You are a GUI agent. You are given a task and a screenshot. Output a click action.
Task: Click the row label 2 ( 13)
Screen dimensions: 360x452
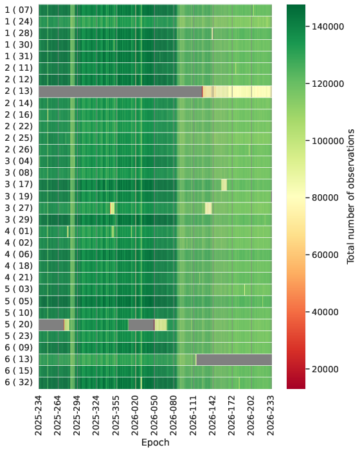pyautogui.click(x=19, y=91)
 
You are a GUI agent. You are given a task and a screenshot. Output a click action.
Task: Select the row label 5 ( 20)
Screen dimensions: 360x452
pyautogui.click(x=19, y=325)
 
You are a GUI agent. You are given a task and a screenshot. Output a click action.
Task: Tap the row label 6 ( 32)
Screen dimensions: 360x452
pyautogui.click(x=19, y=383)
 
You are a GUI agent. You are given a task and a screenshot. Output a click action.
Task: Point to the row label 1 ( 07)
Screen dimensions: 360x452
pyautogui.click(x=19, y=10)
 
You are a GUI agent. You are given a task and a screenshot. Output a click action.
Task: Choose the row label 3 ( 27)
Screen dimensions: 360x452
pyautogui.click(x=19, y=208)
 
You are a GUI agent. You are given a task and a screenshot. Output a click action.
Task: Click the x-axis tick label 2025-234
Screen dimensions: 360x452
pyautogui.click(x=39, y=415)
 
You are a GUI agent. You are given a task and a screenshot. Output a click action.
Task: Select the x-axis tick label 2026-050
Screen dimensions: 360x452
pyautogui.click(x=154, y=415)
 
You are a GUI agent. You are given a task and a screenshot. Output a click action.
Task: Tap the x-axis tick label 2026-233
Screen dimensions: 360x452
pyautogui.click(x=271, y=415)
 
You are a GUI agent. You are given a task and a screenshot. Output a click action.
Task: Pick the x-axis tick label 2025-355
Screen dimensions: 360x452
pyautogui.click(x=116, y=415)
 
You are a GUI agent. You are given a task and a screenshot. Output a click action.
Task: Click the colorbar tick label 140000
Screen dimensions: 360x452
pyautogui.click(x=328, y=27)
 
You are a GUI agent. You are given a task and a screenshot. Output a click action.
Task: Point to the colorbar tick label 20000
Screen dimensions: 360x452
pyautogui.click(x=325, y=369)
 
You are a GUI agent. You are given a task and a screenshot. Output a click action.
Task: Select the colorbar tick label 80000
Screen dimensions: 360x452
pyautogui.click(x=325, y=198)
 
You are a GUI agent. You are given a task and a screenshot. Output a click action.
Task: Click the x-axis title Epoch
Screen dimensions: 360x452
pyautogui.click(x=156, y=442)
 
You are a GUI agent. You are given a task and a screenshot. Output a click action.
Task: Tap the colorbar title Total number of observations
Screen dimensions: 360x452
pyautogui.click(x=350, y=196)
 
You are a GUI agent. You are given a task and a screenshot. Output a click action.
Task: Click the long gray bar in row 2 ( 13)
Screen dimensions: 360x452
pyautogui.click(x=120, y=91)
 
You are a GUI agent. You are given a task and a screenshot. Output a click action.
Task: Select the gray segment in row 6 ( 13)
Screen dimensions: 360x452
pyautogui.click(x=234, y=359)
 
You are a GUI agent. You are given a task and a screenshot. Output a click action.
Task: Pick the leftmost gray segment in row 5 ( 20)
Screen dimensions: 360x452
pyautogui.click(x=51, y=325)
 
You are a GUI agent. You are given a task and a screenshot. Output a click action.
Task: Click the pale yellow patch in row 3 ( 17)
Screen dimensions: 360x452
pyautogui.click(x=224, y=185)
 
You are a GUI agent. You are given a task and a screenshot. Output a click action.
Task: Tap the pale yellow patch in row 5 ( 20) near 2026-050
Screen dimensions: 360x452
pyautogui.click(x=161, y=325)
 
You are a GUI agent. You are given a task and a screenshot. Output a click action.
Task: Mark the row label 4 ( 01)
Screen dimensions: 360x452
pyautogui.click(x=19, y=231)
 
